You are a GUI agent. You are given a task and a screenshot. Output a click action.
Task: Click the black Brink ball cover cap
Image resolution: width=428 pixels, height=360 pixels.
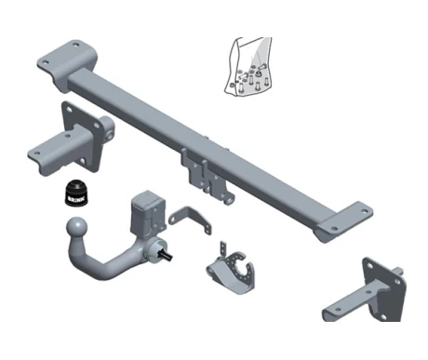(x=76, y=193)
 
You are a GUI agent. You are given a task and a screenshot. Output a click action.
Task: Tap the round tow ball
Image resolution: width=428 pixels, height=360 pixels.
(x=76, y=226)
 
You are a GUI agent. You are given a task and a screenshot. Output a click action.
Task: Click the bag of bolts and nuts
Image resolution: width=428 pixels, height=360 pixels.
(x=248, y=66)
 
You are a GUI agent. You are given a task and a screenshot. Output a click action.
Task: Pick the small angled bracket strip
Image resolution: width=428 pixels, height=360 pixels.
(x=190, y=219)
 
